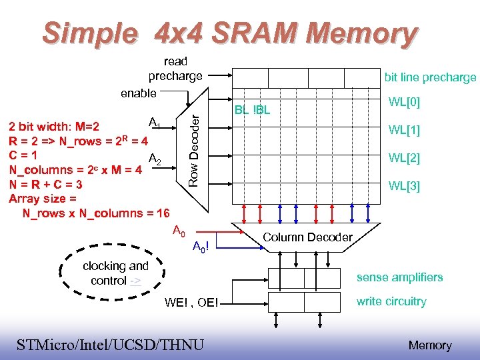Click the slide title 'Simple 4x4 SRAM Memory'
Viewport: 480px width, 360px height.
click(230, 33)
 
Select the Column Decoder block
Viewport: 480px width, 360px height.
click(307, 237)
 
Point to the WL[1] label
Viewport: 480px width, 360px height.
click(404, 130)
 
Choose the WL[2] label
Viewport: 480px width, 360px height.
click(404, 158)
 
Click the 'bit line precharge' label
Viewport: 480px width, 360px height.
click(430, 77)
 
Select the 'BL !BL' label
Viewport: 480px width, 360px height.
click(252, 110)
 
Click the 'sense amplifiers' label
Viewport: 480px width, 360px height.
click(399, 277)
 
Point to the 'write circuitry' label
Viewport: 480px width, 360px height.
click(391, 301)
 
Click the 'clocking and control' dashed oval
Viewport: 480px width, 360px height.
click(113, 273)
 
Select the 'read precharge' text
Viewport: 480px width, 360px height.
click(175, 69)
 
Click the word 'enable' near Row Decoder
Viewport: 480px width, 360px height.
click(139, 93)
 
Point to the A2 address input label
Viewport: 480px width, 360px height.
click(154, 159)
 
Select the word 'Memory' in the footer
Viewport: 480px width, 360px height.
click(429, 345)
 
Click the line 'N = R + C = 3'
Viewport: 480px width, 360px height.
click(46, 185)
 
